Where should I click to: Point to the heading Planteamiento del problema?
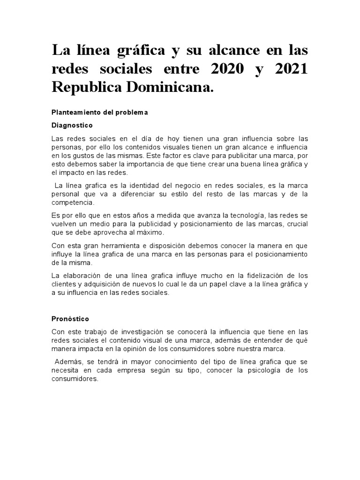tap(99, 112)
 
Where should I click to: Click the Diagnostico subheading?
tap(72, 126)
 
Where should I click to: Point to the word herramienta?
tap(122, 246)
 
